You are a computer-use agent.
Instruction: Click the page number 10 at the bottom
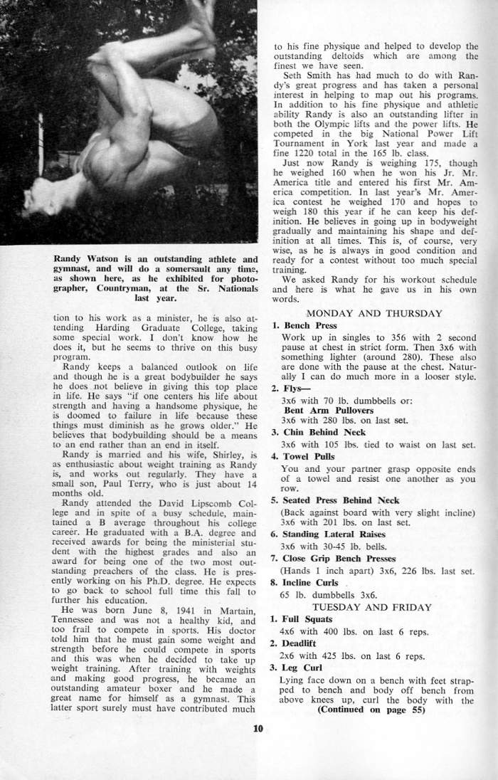[258, 727]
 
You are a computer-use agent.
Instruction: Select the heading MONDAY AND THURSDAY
[373, 313]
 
